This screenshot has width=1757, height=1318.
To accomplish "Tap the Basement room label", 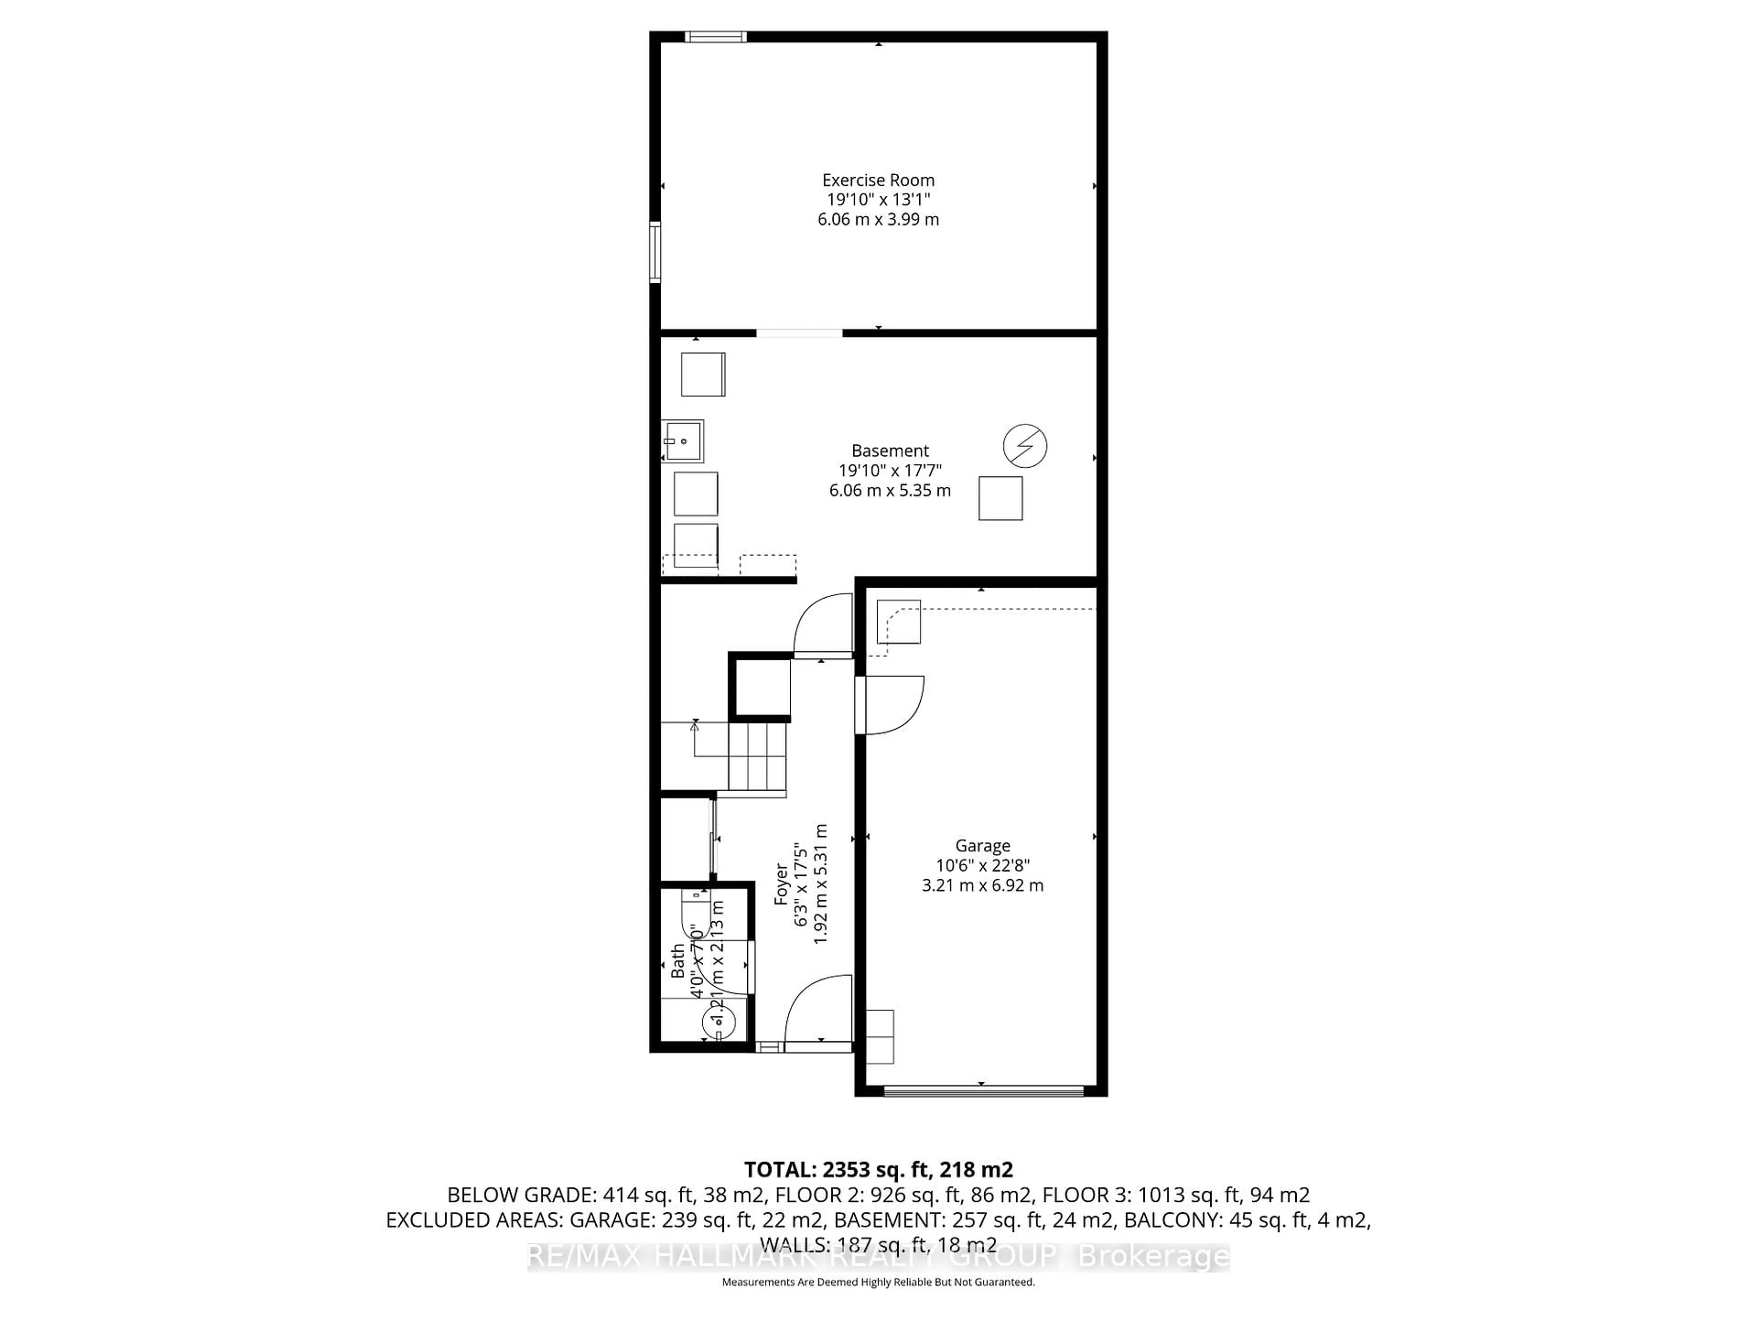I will [x=889, y=450].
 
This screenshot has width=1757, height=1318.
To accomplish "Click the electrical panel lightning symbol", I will [x=1024, y=446].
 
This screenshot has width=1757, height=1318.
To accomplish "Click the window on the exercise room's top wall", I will [x=716, y=37].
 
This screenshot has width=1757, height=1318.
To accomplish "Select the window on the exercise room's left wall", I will [x=655, y=253].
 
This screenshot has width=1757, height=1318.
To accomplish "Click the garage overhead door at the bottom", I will [x=982, y=1091].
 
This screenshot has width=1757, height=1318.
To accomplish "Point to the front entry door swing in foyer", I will [x=818, y=1013].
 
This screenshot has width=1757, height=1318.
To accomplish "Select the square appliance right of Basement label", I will [x=1000, y=498].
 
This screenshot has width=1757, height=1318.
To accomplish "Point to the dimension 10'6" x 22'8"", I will [x=982, y=865].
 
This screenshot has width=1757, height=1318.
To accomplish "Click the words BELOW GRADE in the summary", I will [x=520, y=1195].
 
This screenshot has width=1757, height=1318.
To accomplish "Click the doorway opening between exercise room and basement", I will [x=799, y=333].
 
